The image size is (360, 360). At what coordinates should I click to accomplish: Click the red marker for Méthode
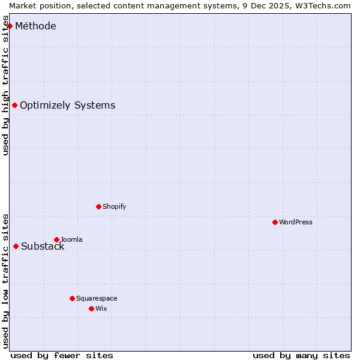pyautogui.click(x=10, y=26)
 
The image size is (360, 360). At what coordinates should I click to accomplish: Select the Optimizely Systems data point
pyautogui.click(x=14, y=106)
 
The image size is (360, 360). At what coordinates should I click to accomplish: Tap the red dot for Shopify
pyautogui.click(x=98, y=206)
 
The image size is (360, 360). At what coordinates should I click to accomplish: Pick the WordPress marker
pyautogui.click(x=275, y=222)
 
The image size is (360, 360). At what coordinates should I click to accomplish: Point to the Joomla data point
pyautogui.click(x=56, y=239)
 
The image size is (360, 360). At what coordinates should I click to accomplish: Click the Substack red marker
pyautogui.click(x=16, y=246)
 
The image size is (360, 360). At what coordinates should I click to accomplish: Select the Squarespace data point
pyautogui.click(x=72, y=298)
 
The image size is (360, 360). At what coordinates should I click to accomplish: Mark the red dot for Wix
pyautogui.click(x=91, y=308)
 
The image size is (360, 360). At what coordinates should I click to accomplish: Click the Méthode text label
pyautogui.click(x=35, y=26)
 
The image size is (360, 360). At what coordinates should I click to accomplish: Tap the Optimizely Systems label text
pyautogui.click(x=67, y=106)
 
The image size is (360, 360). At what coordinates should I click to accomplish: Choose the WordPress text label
pyautogui.click(x=296, y=222)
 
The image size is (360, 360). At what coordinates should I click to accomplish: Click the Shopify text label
pyautogui.click(x=115, y=206)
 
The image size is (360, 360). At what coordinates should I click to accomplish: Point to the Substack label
pyautogui.click(x=43, y=246)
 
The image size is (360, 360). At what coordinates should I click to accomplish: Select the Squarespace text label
pyautogui.click(x=97, y=298)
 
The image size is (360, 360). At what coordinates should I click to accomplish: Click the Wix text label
pyautogui.click(x=101, y=308)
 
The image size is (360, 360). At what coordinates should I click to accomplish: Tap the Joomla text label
pyautogui.click(x=71, y=239)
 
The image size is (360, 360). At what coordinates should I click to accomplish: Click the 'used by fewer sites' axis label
pyautogui.click(x=62, y=355)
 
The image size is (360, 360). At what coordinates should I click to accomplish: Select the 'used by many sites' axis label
pyautogui.click(x=301, y=355)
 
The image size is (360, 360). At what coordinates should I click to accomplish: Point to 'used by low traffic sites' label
pyautogui.click(x=6, y=281)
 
